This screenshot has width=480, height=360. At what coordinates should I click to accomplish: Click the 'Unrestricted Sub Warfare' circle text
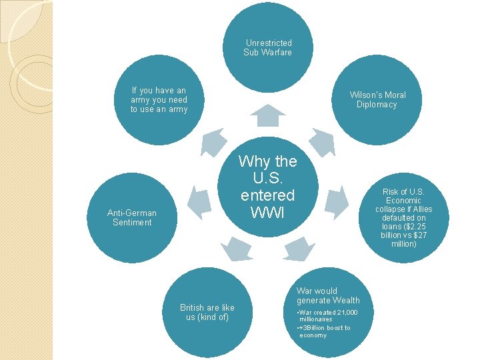pyautogui.click(x=267, y=48)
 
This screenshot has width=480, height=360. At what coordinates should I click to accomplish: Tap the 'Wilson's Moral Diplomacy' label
pyautogui.click(x=377, y=99)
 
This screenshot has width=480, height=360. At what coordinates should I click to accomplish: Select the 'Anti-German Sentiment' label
pyautogui.click(x=132, y=218)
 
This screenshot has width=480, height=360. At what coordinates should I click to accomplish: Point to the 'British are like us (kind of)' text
pyautogui.click(x=207, y=313)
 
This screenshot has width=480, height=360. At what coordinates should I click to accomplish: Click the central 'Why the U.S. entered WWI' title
pyautogui.click(x=267, y=187)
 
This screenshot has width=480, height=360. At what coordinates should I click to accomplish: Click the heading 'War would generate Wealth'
pyautogui.click(x=328, y=295)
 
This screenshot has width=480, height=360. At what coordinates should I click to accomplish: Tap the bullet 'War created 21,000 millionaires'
pyautogui.click(x=327, y=316)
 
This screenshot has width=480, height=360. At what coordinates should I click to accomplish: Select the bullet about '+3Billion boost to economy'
pyautogui.click(x=324, y=331)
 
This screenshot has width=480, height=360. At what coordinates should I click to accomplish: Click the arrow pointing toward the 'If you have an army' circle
pyautogui.click(x=213, y=141)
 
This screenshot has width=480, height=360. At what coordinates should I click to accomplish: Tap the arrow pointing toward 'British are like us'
pyautogui.click(x=236, y=248)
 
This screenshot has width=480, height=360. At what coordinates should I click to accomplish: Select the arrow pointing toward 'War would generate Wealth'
pyautogui.click(x=299, y=248)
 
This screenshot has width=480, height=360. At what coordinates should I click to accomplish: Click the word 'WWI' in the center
pyautogui.click(x=267, y=213)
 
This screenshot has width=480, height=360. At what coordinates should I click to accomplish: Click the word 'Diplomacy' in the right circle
pyautogui.click(x=377, y=105)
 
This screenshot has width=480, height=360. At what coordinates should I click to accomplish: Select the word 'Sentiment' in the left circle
pyautogui.click(x=132, y=223)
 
